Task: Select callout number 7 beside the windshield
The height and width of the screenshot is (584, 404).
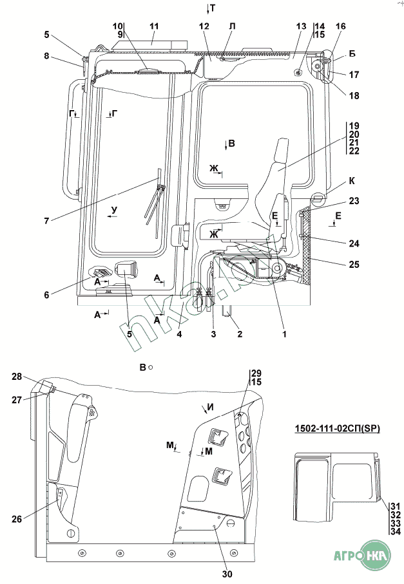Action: (46, 221)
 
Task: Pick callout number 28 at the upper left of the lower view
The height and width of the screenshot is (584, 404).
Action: (17, 377)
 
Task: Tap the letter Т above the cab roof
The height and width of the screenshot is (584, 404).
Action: (212, 7)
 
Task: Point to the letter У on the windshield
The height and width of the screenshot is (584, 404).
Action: (114, 210)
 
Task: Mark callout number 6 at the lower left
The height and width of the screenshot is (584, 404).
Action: (46, 295)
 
